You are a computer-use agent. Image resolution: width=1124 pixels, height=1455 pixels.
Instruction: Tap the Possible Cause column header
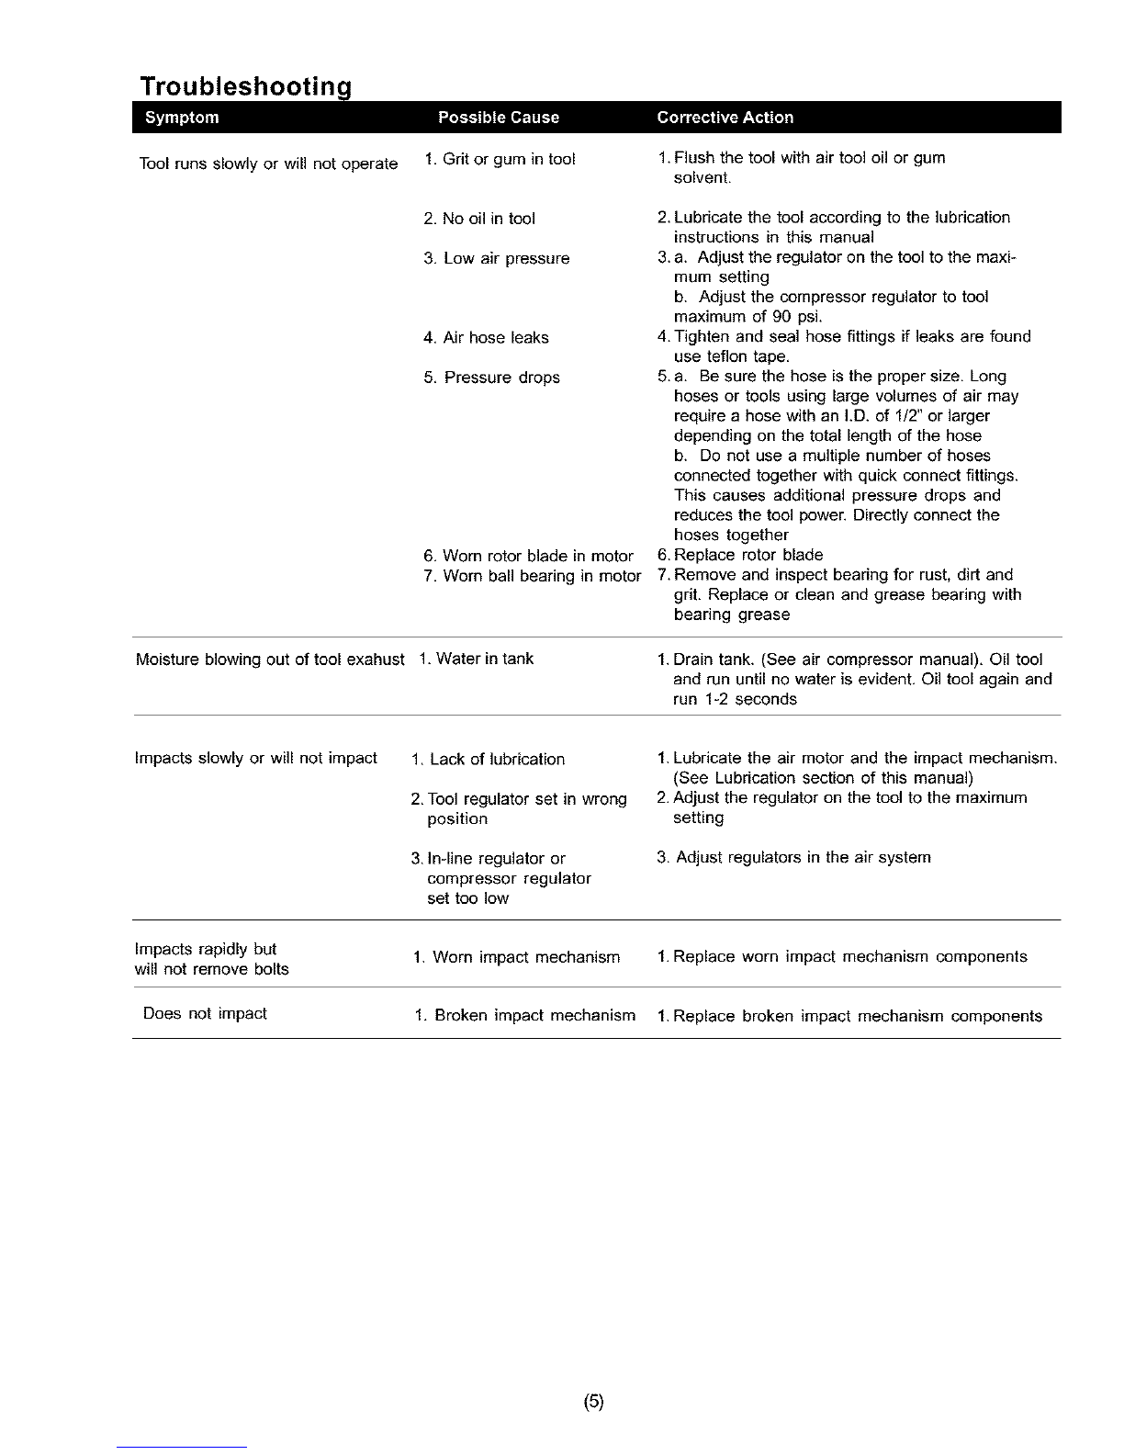click(x=499, y=118)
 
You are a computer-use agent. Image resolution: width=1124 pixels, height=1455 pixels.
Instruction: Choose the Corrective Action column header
click(x=725, y=118)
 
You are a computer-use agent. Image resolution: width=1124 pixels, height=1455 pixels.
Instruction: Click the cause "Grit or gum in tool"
click(x=500, y=159)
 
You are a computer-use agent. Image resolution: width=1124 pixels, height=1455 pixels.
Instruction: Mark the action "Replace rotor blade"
click(x=741, y=555)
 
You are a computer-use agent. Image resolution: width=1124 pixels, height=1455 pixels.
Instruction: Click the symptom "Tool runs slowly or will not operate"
click(x=268, y=164)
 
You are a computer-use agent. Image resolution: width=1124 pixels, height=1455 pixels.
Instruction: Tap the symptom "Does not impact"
click(x=205, y=1013)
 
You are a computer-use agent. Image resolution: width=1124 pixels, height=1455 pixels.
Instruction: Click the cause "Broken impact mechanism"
click(x=525, y=1016)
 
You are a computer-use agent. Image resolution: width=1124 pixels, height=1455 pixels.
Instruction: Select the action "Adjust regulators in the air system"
click(x=794, y=857)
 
